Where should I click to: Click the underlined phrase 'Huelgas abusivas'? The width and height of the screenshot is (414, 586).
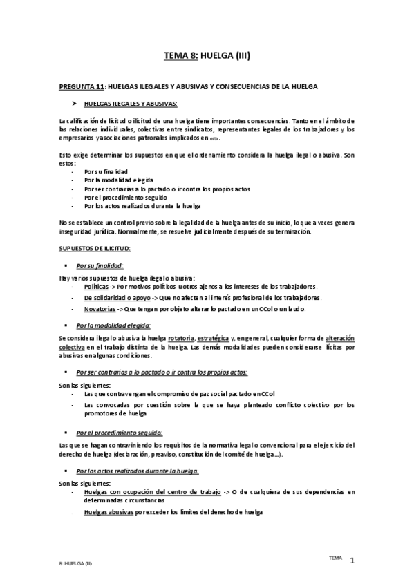(109, 512)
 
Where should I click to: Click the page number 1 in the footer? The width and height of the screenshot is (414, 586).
(352, 561)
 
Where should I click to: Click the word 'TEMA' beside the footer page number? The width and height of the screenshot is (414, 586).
(335, 556)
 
